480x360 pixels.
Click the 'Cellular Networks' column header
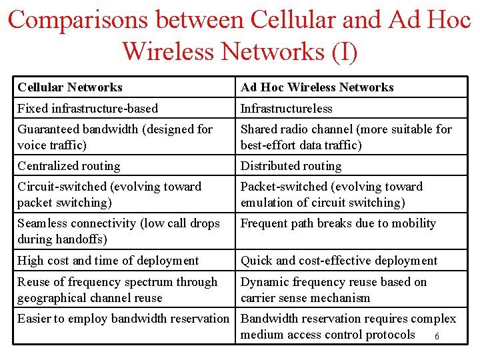tap(70, 87)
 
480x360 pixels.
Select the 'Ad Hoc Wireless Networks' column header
tap(317, 87)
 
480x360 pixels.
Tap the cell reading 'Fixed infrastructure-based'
tap(87, 108)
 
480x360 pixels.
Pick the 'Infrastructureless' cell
tap(286, 108)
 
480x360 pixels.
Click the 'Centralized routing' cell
tap(69, 166)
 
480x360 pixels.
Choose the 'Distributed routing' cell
tap(291, 166)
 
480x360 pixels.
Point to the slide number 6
tap(437, 336)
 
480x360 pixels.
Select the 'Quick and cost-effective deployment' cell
tap(339, 261)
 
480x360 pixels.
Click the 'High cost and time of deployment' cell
tap(108, 261)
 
